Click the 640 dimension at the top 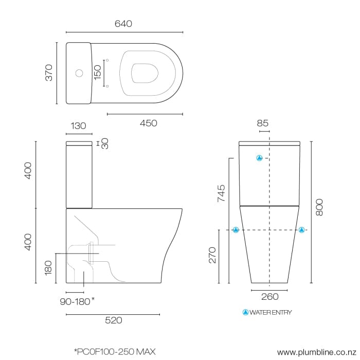point(124,24)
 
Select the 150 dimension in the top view point(98,73)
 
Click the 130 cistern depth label point(78,126)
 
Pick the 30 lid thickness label point(104,143)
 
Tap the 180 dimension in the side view point(49,267)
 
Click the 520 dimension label point(113,320)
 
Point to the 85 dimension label point(263,123)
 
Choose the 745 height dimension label point(221,193)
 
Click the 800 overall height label point(319,206)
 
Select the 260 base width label point(270,297)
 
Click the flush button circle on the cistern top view point(79,73)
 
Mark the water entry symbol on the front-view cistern point(260,158)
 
